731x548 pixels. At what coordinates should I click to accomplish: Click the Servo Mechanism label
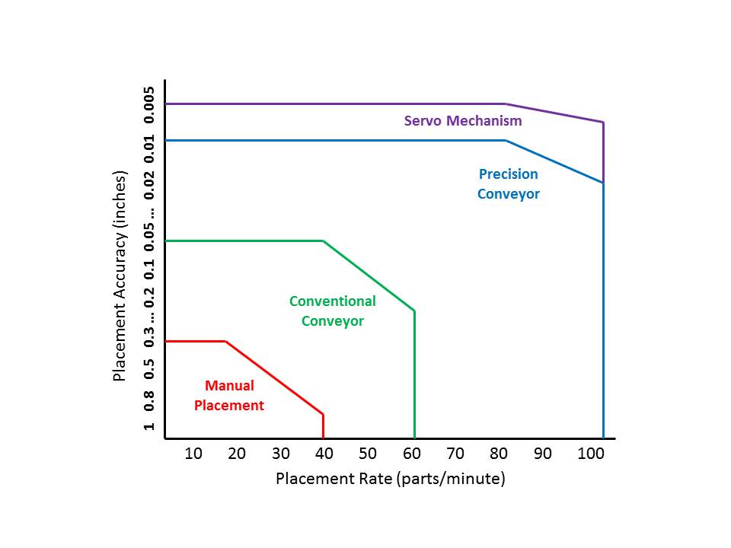463,121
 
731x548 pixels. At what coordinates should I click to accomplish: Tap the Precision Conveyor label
508,184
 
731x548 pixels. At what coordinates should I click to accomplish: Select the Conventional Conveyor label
332,311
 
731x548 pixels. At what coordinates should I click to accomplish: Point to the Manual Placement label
228,396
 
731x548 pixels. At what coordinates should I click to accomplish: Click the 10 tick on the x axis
193,454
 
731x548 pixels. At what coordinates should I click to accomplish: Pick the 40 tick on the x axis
324,454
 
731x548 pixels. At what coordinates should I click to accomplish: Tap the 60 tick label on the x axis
412,454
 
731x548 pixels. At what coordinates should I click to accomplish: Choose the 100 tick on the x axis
591,454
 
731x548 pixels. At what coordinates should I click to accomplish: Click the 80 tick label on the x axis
499,454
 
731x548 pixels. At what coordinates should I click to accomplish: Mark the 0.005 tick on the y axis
150,104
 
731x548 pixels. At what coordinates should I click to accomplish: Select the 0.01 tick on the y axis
150,147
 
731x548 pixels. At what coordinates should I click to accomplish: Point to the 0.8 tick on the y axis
150,398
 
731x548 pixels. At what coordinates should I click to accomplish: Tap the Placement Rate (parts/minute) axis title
390,479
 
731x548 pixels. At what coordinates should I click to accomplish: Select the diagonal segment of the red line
274,378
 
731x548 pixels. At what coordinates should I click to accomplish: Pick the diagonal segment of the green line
369,276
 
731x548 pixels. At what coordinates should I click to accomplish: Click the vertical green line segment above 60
414,373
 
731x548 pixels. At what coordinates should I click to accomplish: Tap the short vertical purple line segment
603,152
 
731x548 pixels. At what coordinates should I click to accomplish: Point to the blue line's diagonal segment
554,161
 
